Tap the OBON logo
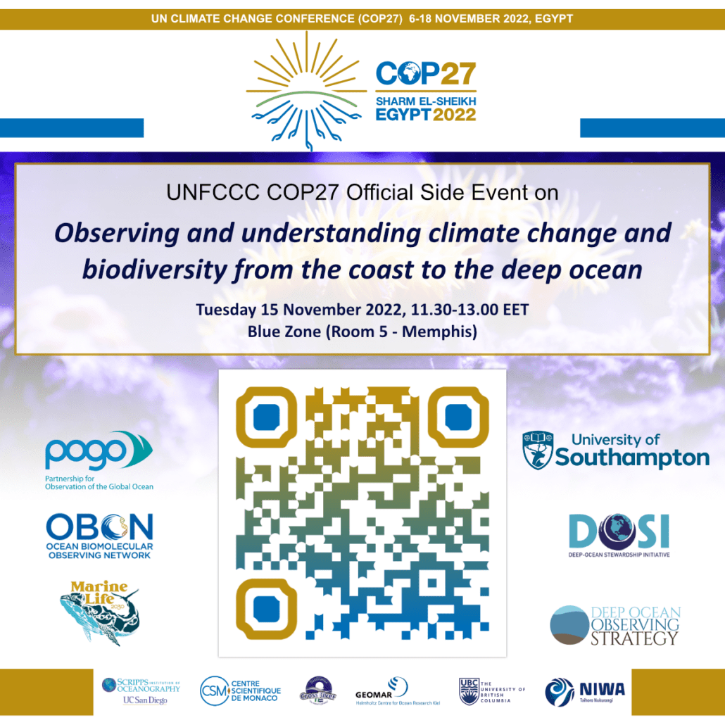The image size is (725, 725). pyautogui.click(x=99, y=535)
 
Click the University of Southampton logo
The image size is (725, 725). pyautogui.click(x=616, y=450)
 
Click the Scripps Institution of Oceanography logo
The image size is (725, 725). pyautogui.click(x=141, y=690)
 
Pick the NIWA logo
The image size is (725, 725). pyautogui.click(x=585, y=690)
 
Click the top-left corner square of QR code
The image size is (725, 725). pyautogui.click(x=266, y=418)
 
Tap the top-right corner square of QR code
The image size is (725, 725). pyautogui.click(x=458, y=418)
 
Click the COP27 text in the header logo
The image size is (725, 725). pyautogui.click(x=426, y=73)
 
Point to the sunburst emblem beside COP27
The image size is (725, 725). pyautogui.click(x=307, y=92)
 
